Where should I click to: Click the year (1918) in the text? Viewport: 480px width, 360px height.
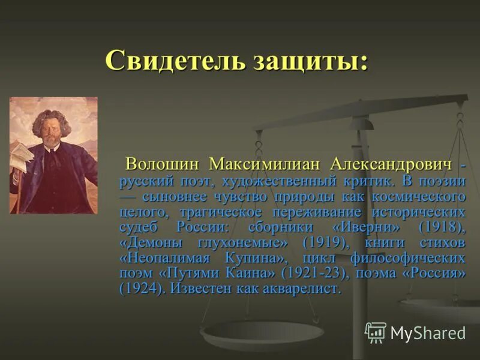441,227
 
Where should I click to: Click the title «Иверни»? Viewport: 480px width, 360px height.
364,227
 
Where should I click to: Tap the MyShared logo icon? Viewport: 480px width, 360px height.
376,332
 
